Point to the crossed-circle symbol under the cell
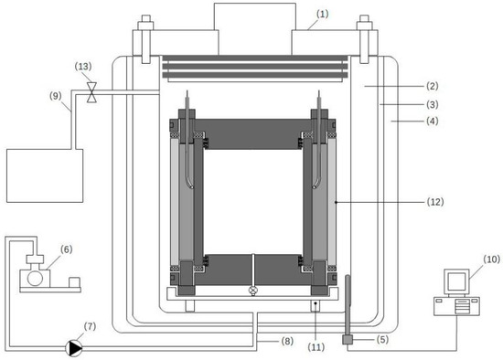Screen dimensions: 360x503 (252, 290)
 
